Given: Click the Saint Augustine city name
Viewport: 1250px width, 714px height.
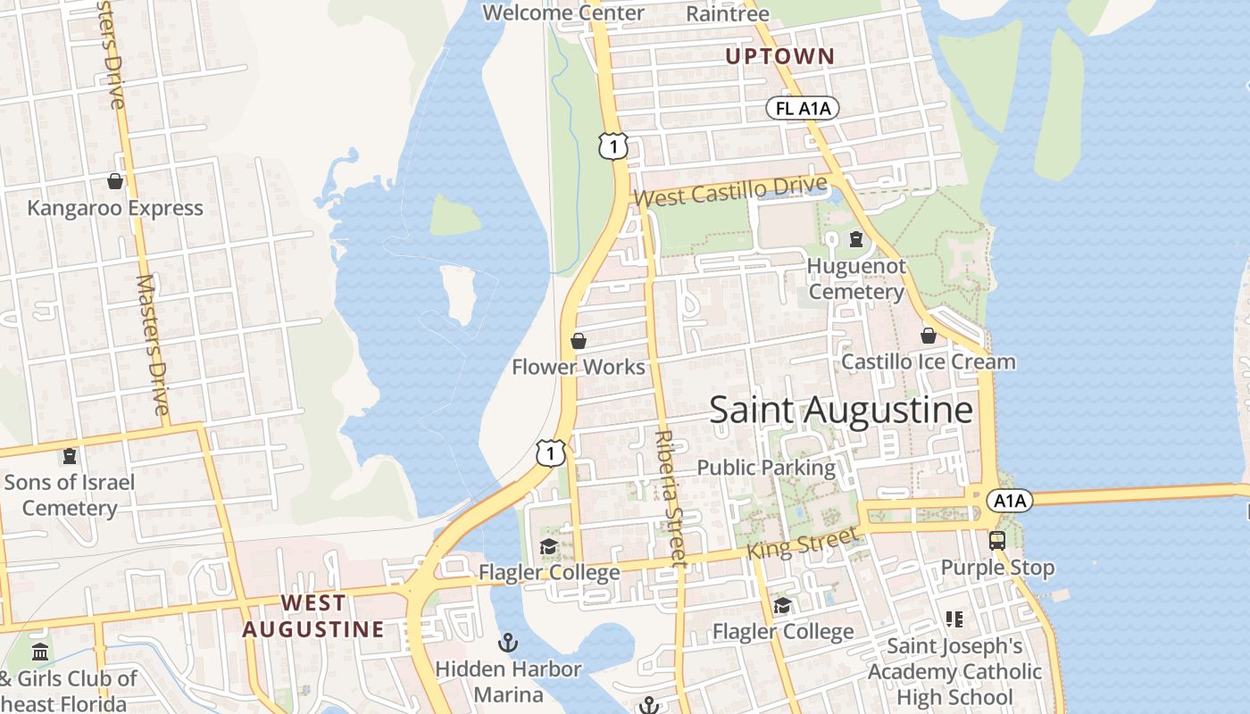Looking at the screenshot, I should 840,410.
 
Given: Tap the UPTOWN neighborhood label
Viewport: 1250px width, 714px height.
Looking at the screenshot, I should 779,56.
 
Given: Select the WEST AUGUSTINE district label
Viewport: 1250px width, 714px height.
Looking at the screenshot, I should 313,616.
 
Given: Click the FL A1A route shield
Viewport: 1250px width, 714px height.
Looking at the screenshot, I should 803,109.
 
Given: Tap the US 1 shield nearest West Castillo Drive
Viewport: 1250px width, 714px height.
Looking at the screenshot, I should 613,145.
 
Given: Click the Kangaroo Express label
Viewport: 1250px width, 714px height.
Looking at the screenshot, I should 115,208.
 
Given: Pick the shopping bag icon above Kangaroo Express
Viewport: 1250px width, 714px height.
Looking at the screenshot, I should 115,182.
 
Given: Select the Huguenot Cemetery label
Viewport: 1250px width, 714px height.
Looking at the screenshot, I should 856,278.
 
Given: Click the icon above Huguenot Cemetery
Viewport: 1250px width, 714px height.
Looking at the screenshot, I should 856,239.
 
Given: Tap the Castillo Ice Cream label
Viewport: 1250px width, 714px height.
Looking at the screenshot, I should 929,361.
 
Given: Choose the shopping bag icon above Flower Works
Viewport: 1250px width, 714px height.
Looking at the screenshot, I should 579,341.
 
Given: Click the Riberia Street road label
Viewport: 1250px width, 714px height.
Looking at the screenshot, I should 671,498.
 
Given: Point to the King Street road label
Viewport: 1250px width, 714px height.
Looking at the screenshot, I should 801,542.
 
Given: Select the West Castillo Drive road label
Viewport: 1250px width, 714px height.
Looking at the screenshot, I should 730,190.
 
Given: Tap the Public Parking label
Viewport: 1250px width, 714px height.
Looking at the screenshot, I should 766,467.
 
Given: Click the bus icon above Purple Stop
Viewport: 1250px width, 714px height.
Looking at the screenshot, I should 997,541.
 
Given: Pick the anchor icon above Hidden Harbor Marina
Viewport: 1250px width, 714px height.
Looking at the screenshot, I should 508,643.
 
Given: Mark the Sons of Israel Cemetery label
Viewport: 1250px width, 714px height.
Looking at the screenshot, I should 70,494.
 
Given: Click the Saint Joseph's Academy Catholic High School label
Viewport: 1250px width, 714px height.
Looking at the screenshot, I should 954,670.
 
